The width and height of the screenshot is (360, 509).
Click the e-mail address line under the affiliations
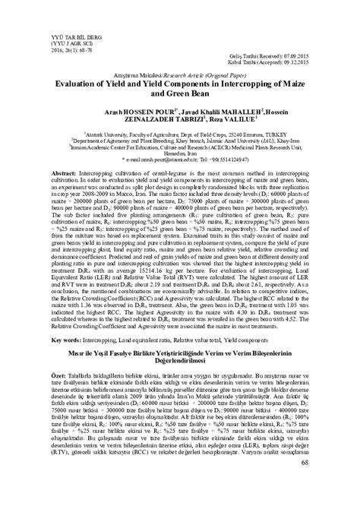pos(179,161)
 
